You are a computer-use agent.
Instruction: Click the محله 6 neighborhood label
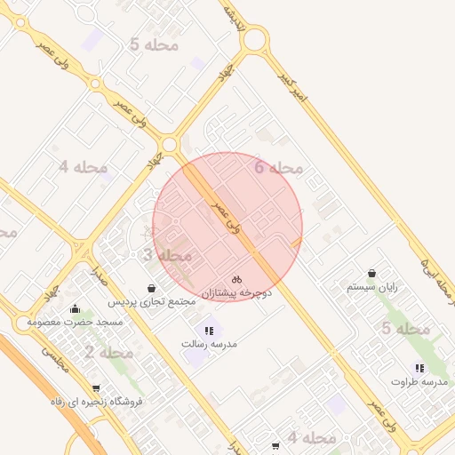pyautogui.click(x=278, y=167)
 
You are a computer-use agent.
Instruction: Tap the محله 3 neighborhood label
pyautogui.click(x=169, y=256)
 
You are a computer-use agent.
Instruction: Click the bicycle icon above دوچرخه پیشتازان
pyautogui.click(x=236, y=279)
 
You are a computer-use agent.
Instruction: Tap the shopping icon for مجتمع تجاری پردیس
pyautogui.click(x=152, y=289)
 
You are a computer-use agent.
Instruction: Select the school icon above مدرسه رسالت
pyautogui.click(x=209, y=331)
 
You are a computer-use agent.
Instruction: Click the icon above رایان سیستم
pyautogui.click(x=371, y=274)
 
